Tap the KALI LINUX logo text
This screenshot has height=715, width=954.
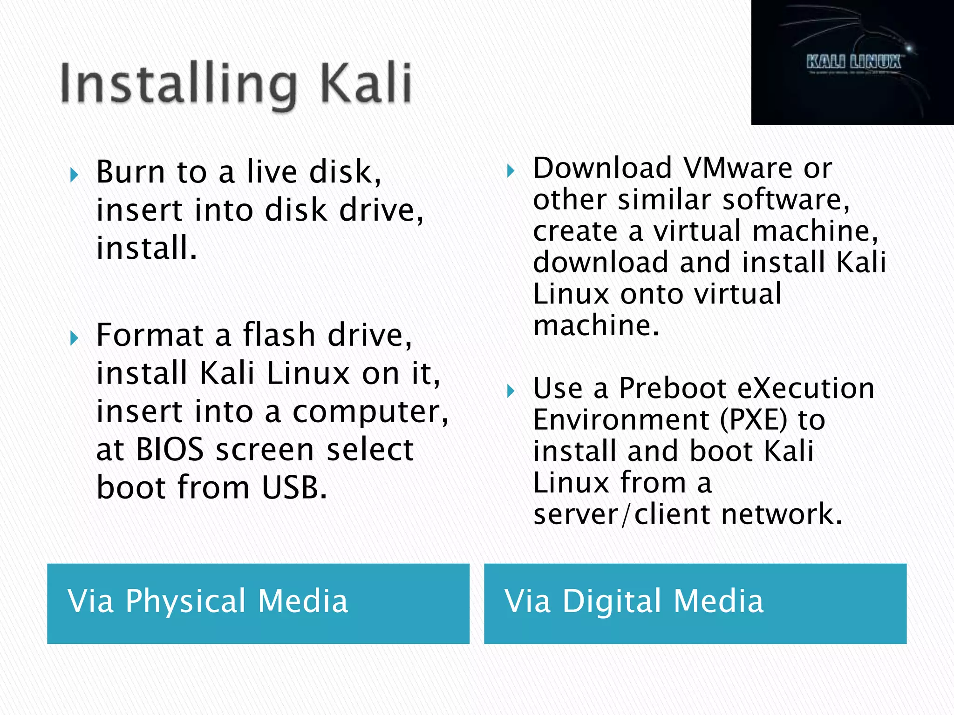(853, 61)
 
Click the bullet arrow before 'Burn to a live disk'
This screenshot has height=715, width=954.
(74, 175)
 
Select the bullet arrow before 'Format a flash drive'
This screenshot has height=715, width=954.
(74, 338)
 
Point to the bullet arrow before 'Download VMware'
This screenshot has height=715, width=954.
(511, 171)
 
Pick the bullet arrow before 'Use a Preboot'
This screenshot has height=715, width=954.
(511, 391)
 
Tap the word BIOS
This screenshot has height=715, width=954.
(170, 450)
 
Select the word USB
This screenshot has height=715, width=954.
(294, 487)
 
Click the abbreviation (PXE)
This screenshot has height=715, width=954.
(753, 420)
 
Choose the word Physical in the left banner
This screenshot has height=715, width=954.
(185, 601)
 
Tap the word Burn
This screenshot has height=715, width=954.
(130, 172)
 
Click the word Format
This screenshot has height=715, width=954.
(150, 335)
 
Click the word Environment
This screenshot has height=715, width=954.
(621, 420)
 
